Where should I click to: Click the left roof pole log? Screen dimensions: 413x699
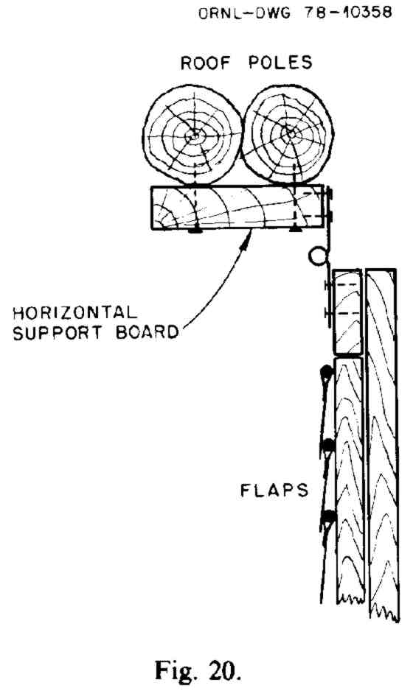193,135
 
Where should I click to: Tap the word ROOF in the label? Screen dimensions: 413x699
205,63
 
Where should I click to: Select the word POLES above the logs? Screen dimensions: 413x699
280,63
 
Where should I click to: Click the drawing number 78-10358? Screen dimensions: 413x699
348,12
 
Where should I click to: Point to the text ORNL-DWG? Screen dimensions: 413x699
244,13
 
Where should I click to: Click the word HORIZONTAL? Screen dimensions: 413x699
74,312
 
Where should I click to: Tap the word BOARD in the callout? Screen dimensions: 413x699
147,332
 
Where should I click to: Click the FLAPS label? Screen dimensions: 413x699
274,491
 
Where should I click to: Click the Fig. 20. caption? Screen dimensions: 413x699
198,670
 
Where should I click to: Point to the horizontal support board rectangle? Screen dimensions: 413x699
237,207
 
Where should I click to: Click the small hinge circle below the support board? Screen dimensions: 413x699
317,257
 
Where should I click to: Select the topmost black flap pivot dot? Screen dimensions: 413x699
327,371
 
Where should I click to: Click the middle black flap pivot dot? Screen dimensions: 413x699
329,445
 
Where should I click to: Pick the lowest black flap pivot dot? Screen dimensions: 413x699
330,516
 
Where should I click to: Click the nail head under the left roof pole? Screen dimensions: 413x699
195,231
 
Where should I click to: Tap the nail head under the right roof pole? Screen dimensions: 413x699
295,229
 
